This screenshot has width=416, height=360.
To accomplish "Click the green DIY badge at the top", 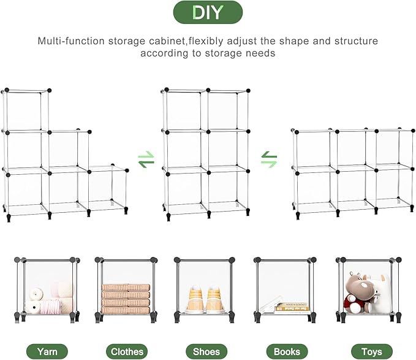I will (x=208, y=12).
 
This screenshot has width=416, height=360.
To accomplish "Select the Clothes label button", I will (x=127, y=351).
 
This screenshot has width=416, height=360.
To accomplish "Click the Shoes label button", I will (x=206, y=351).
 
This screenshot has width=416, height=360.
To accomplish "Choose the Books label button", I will (x=287, y=351).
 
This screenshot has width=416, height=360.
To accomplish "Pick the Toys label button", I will (x=372, y=351).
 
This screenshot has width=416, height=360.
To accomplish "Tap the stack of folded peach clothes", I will (x=126, y=299).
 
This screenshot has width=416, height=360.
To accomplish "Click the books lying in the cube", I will (x=292, y=307).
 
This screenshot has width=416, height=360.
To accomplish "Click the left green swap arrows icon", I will (x=146, y=160).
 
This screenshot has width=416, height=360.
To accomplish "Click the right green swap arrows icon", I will (x=269, y=160).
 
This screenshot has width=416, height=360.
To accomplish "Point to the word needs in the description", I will (x=261, y=53).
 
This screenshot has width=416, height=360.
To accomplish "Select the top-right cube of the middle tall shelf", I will (x=228, y=111).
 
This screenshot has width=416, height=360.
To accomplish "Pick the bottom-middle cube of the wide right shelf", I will (x=355, y=186).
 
